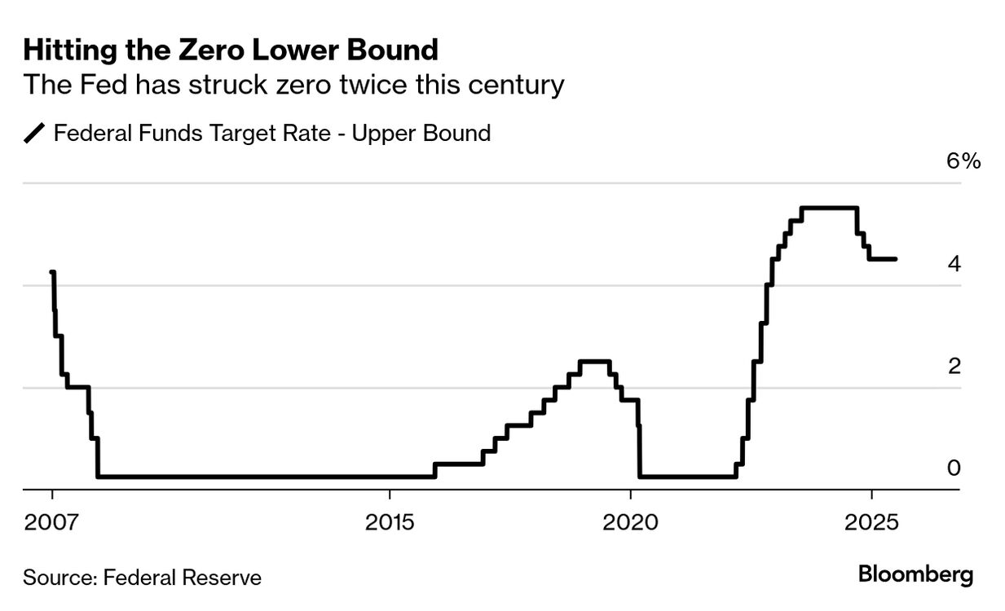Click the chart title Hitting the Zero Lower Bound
pos(231,51)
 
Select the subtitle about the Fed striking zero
pos(293,85)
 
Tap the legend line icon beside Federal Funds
pos(35,133)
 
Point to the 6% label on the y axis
pos(963,160)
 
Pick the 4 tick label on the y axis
pos(954,264)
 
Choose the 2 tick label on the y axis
pos(954,367)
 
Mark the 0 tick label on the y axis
pos(954,468)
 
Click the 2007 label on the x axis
pos(52,521)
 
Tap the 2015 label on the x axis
pos(390,521)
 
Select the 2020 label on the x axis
pos(631,521)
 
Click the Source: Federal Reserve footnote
pos(143,578)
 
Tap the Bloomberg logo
pos(915,575)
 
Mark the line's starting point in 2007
pos(52,273)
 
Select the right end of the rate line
pos(896,259)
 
